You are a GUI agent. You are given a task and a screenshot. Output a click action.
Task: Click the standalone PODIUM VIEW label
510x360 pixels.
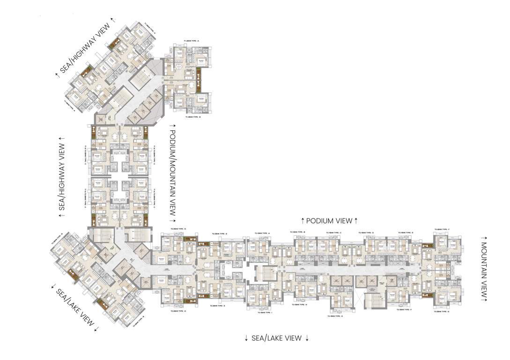(329, 220)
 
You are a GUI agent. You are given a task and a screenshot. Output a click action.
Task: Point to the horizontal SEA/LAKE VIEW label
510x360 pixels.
(276, 338)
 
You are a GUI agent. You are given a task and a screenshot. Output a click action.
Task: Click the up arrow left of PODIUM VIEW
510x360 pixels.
(303, 220)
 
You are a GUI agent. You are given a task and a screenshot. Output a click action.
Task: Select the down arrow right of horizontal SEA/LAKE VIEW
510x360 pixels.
(307, 338)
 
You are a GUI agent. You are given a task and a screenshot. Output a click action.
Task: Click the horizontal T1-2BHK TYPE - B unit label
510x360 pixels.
(192, 117)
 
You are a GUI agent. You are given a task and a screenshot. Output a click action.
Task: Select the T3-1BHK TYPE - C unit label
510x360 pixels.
(333, 232)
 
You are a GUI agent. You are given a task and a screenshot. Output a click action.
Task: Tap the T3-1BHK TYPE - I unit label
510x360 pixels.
(265, 312)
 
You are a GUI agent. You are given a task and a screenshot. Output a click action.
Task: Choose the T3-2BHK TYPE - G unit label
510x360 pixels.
(442, 312)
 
